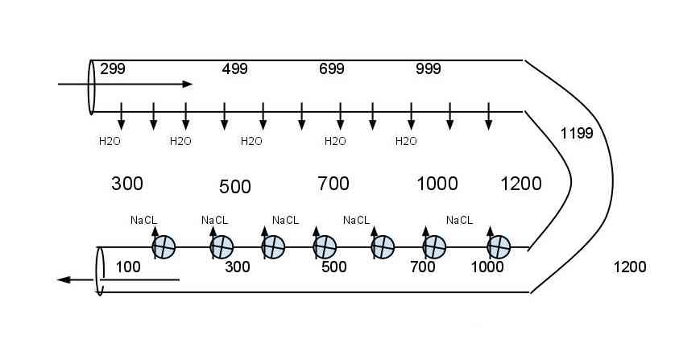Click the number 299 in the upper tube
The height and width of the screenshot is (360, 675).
click(x=113, y=69)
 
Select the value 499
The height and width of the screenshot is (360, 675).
click(x=235, y=69)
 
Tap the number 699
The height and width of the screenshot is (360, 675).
click(x=332, y=69)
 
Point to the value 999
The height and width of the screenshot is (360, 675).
click(x=429, y=69)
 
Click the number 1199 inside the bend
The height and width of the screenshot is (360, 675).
click(x=577, y=134)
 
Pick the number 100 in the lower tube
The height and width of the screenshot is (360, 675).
click(x=128, y=267)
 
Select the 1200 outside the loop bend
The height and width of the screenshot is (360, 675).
click(x=630, y=267)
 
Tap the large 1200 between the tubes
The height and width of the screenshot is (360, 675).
click(x=521, y=184)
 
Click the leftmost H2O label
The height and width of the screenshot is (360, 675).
click(x=110, y=141)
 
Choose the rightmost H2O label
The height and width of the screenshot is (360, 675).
click(x=406, y=141)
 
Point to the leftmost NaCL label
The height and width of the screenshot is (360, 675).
click(x=144, y=221)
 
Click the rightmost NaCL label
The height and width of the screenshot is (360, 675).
click(x=459, y=221)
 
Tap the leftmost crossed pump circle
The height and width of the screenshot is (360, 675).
click(x=164, y=247)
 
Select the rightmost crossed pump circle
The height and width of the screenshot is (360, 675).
click(x=499, y=247)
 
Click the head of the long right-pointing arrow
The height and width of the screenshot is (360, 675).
click(x=188, y=84)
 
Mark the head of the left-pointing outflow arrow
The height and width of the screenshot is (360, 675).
click(x=64, y=280)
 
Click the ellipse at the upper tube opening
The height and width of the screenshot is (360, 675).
click(x=89, y=87)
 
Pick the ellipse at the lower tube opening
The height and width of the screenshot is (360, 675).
click(x=96, y=271)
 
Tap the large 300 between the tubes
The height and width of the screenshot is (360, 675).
click(x=127, y=184)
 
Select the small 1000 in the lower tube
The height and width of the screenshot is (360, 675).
click(x=487, y=267)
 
